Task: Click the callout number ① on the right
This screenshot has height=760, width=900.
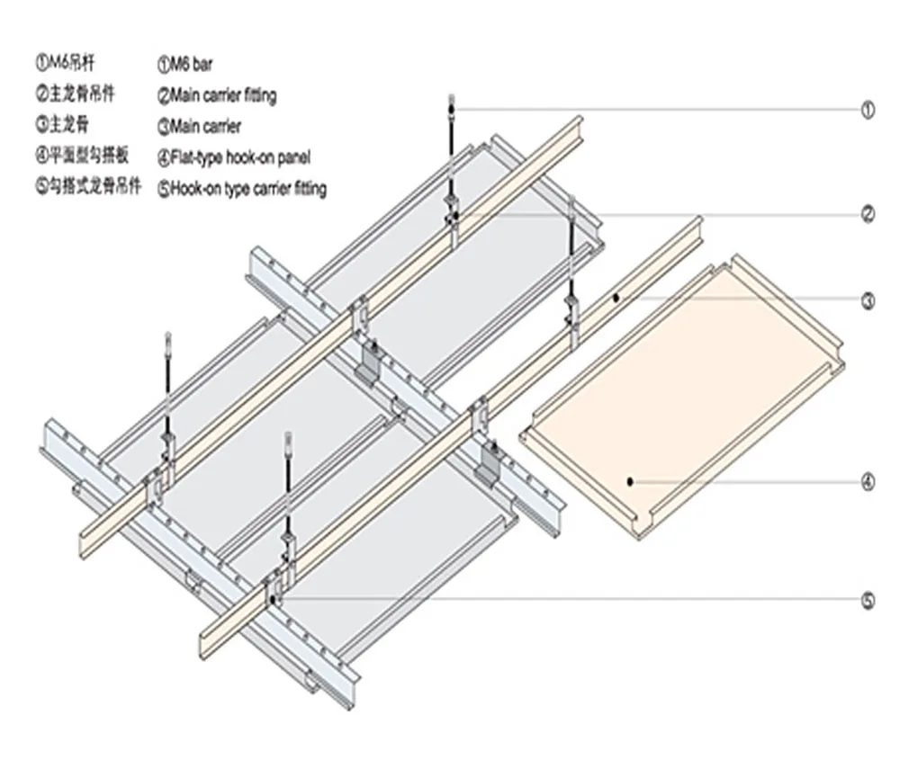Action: pos(868,111)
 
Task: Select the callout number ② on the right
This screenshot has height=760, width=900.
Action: pos(868,215)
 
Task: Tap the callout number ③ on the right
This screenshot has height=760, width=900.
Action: pos(868,301)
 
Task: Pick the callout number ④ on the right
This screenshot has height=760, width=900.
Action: pos(868,482)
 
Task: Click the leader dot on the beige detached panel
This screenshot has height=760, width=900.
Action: pos(631,481)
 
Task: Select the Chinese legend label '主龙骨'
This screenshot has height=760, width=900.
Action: pos(63,125)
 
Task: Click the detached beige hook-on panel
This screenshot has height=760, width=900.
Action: pos(684,405)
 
